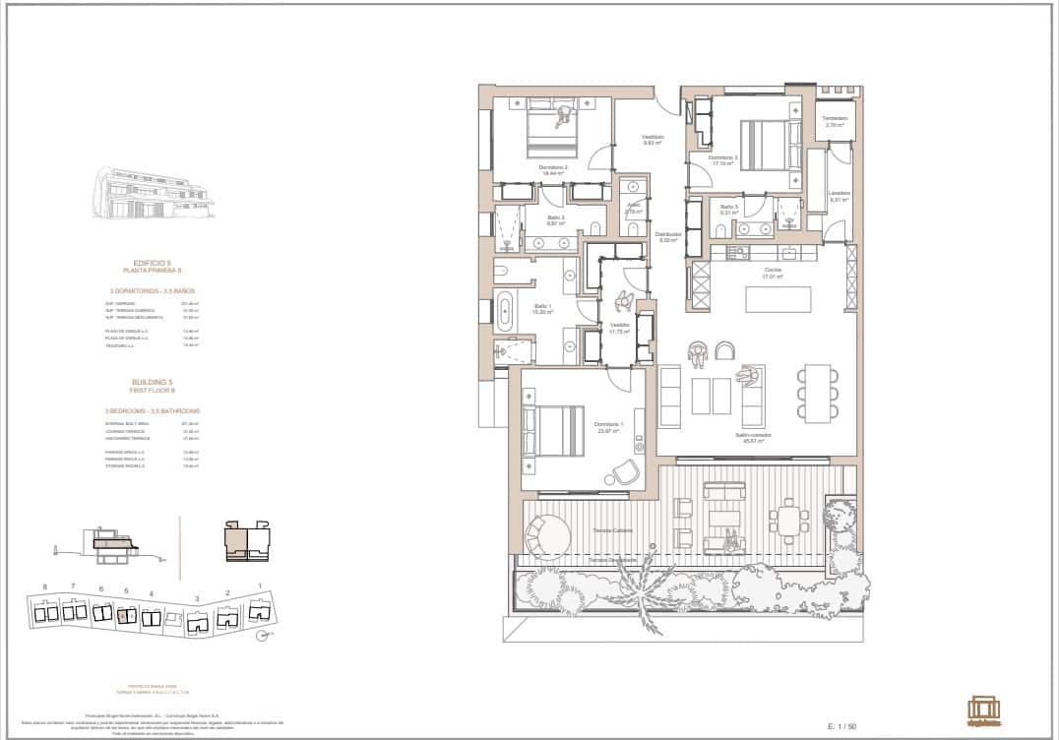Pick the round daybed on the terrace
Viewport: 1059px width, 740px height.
pyautogui.click(x=547, y=536)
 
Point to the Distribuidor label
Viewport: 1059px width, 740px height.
pyautogui.click(x=668, y=235)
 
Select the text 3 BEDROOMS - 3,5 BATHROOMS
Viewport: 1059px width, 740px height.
pyautogui.click(x=153, y=410)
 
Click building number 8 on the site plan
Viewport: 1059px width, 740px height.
pyautogui.click(x=45, y=586)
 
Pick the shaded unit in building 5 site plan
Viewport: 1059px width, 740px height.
pyautogui.click(x=124, y=616)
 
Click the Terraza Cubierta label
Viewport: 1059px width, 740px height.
pyautogui.click(x=612, y=530)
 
